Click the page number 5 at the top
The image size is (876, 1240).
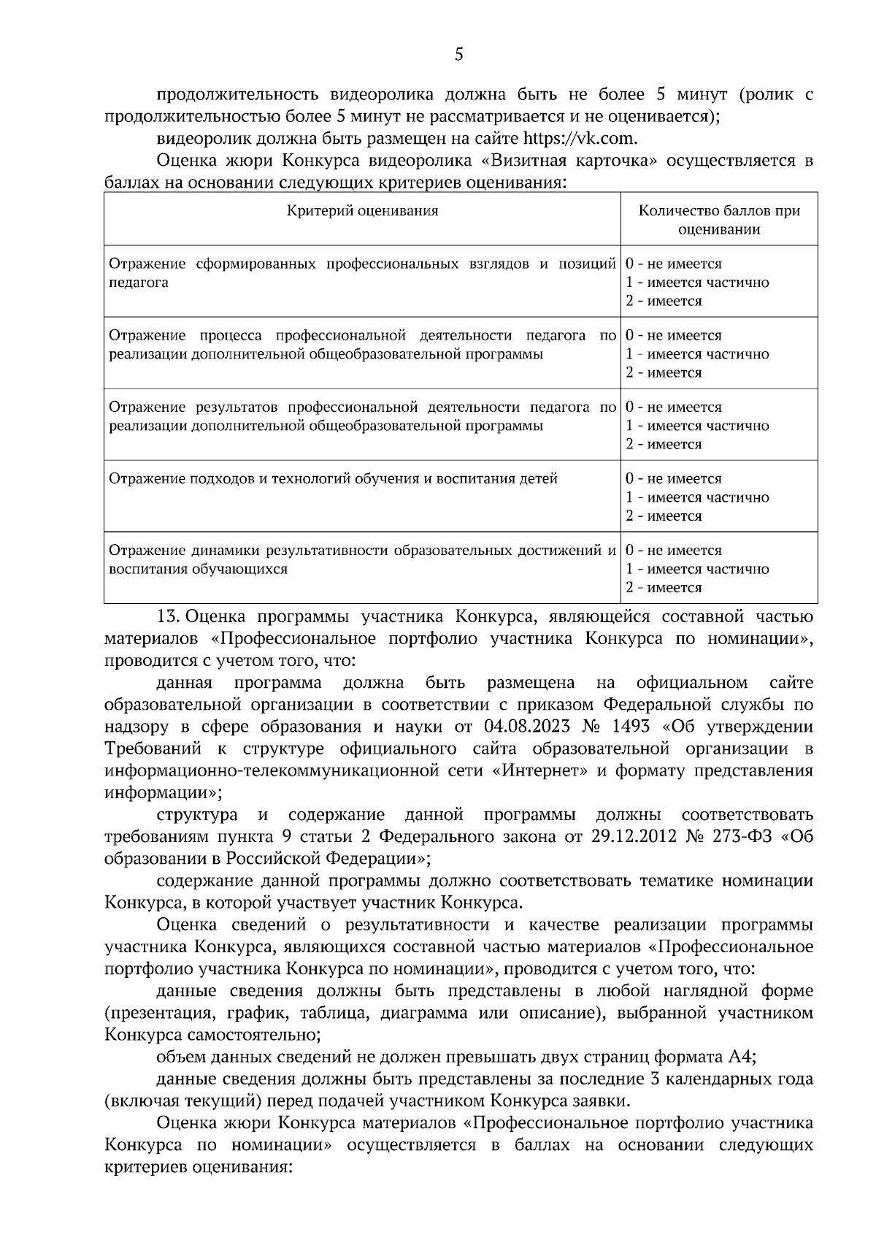point(458,55)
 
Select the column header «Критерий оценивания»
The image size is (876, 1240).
point(362,211)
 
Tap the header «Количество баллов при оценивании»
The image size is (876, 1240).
point(719,220)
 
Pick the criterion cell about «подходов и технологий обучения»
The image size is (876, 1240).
point(333,479)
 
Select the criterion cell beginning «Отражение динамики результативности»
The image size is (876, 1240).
point(362,559)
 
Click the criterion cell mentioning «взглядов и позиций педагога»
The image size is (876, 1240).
point(362,273)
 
